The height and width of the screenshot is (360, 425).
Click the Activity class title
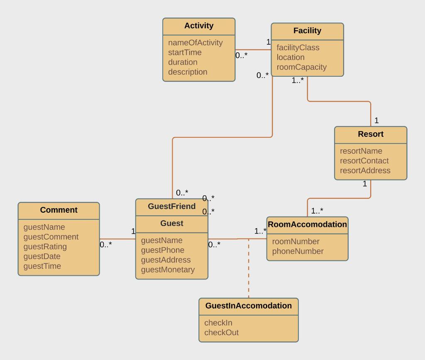(199, 26)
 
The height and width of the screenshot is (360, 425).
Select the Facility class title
(307, 31)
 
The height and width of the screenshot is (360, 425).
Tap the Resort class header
(371, 134)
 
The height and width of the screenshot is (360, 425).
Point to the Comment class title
(59, 210)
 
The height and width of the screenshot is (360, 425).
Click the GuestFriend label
(171, 207)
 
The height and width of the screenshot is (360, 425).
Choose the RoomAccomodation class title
(307, 224)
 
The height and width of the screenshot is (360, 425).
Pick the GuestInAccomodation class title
(248, 306)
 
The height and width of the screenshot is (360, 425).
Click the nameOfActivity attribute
(195, 43)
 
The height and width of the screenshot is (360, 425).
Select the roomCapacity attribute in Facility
(301, 67)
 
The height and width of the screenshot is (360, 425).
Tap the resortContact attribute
(364, 161)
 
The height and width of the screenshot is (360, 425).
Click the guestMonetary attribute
(168, 270)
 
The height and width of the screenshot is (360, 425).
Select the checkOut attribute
(221, 333)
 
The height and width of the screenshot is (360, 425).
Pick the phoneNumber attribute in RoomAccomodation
(298, 251)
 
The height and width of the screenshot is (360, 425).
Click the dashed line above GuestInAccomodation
(249, 270)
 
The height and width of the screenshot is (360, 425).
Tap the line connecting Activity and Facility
(253, 50)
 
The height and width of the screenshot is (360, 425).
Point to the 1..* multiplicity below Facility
(298, 80)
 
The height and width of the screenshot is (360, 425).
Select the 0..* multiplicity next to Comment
(106, 245)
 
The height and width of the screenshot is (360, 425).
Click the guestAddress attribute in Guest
(166, 260)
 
